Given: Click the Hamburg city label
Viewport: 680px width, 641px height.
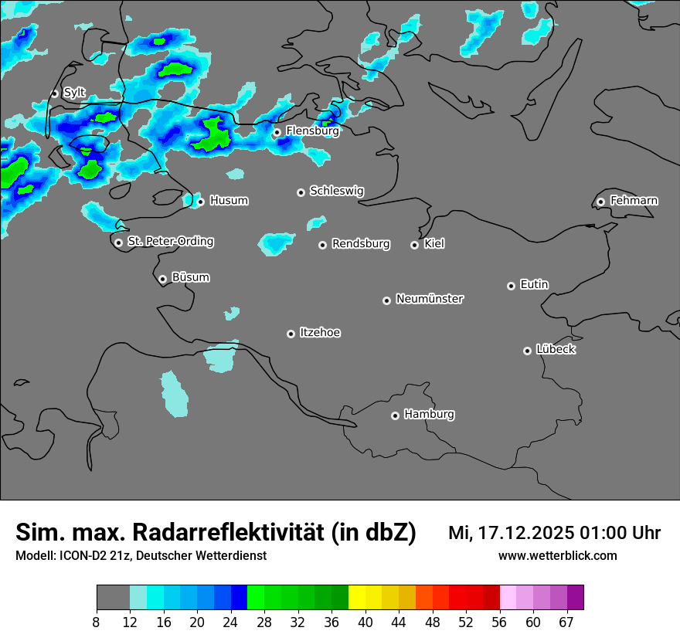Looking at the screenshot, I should [x=429, y=414].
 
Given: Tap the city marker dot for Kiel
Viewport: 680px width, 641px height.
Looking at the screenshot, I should [x=414, y=245].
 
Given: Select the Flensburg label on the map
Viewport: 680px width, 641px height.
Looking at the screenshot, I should [x=312, y=131].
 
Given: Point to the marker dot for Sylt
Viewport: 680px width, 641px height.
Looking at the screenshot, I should [x=54, y=93].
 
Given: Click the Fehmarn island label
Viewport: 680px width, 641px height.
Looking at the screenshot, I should [x=634, y=201].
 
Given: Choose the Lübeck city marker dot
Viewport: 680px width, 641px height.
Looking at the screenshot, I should [x=527, y=351].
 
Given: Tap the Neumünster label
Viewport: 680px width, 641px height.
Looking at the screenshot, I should [x=430, y=299].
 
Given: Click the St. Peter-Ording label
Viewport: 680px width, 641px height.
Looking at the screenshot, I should [x=170, y=241].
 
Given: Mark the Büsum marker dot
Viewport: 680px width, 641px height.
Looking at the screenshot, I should [x=162, y=279].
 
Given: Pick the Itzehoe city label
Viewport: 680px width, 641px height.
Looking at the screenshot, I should [x=320, y=333].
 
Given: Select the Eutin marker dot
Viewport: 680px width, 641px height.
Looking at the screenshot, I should [x=511, y=286].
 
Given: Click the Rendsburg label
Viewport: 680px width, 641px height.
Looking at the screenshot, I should [x=361, y=244].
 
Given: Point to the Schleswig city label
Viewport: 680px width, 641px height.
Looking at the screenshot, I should [x=336, y=191].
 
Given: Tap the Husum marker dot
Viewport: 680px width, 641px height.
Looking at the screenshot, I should [x=200, y=202].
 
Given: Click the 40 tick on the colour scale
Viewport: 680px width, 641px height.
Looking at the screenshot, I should [x=365, y=622].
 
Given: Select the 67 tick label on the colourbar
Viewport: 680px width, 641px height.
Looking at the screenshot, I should [x=566, y=622].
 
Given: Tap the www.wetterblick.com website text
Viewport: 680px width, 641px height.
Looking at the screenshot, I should [x=557, y=555].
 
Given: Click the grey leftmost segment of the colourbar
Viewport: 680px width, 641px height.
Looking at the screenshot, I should [x=113, y=598].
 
